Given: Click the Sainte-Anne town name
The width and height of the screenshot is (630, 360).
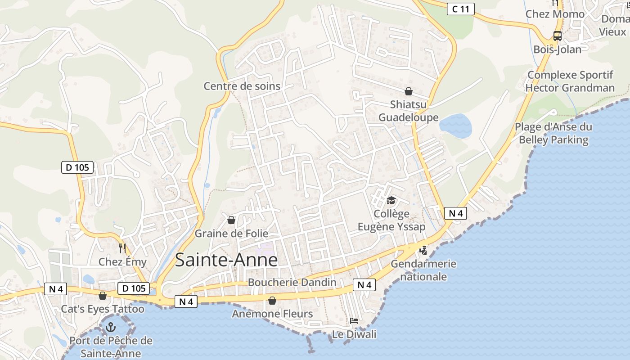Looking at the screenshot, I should click(x=226, y=260).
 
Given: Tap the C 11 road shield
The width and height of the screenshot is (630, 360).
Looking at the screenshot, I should click(x=460, y=9).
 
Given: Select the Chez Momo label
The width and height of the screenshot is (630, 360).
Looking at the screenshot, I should click(x=555, y=14).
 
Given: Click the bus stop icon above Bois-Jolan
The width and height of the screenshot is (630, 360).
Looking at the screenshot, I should click(x=557, y=36).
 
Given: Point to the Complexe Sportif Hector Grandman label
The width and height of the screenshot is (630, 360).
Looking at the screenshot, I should click(x=570, y=81).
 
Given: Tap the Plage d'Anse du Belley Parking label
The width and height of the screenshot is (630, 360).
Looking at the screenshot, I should click(x=553, y=133).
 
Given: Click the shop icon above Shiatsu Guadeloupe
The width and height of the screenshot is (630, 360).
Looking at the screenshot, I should click(x=409, y=91).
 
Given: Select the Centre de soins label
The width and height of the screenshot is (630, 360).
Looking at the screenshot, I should click(x=242, y=86).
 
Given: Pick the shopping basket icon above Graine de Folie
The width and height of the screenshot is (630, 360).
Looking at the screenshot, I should click(x=231, y=220).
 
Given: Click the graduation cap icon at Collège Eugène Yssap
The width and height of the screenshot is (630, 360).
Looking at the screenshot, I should click(x=391, y=200).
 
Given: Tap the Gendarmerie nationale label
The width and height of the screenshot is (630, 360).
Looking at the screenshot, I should click(x=423, y=270).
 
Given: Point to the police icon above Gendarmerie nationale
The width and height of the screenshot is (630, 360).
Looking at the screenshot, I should click(x=423, y=250).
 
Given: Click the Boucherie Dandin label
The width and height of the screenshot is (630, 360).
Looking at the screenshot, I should click(x=292, y=282).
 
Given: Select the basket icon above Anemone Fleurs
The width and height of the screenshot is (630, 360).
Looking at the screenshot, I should click(x=272, y=300).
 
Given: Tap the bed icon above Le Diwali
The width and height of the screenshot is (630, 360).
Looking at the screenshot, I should click(x=354, y=321).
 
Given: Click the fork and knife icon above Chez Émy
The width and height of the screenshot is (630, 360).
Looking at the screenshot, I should click(x=122, y=247).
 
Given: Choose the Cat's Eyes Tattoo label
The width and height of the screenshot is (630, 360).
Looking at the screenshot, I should click(x=103, y=309).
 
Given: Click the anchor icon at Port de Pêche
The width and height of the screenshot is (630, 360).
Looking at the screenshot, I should click(x=110, y=328).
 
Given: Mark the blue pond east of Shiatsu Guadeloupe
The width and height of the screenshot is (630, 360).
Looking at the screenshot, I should click(x=455, y=125).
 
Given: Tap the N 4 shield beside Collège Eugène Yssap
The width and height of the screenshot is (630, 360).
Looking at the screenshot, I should click(x=455, y=213).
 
